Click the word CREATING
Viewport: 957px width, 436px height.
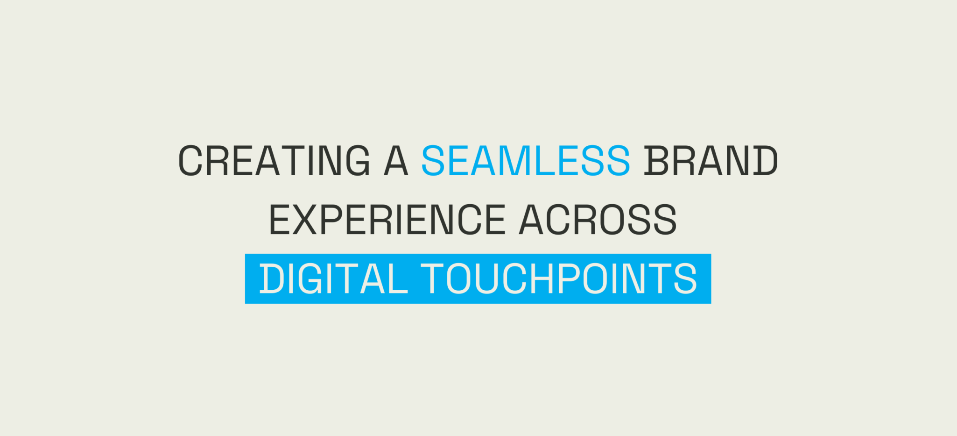pyautogui.click(x=274, y=161)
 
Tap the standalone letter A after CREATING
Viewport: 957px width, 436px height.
pyautogui.click(x=396, y=161)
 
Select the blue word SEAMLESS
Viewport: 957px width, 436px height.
pyautogui.click(x=526, y=161)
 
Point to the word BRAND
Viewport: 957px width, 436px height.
pyautogui.click(x=711, y=161)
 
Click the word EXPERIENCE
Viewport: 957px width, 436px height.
pyautogui.click(x=387, y=220)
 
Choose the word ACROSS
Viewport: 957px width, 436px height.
pyautogui.click(x=598, y=220)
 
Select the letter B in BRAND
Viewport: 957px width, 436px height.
pyautogui.click(x=656, y=161)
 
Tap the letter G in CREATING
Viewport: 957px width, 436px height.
pyautogui.click(x=358, y=161)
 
